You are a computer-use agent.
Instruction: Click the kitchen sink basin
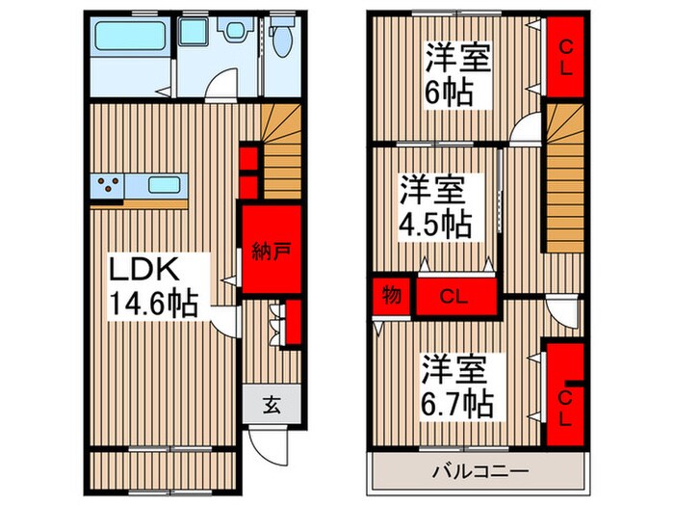pos(166,183)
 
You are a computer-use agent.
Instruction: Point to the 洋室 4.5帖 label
pos(437,206)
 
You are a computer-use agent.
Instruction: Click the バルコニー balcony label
pos(479,472)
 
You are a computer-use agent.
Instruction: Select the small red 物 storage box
pos(390,295)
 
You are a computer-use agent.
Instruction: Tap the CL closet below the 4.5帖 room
pos(456,297)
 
